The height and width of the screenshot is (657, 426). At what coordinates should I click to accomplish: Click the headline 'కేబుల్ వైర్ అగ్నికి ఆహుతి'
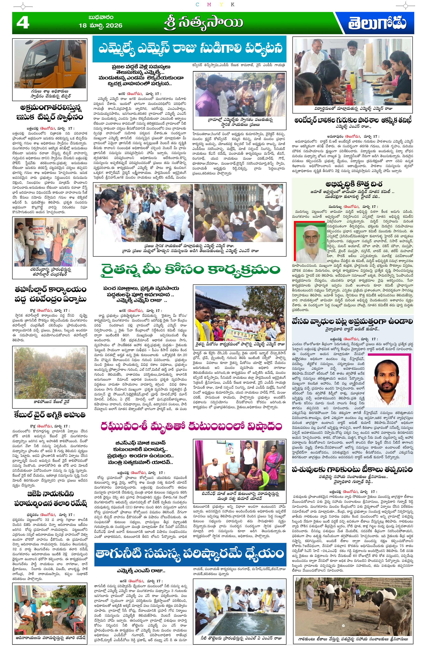(50, 415)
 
